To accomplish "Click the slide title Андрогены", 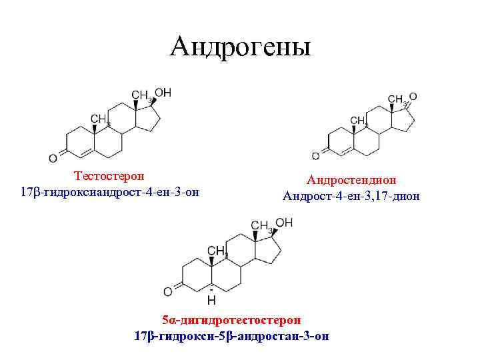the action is coord(240,46).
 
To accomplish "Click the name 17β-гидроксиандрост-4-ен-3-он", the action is coord(111,192).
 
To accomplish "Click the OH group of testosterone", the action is coord(163,92).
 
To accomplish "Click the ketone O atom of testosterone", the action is coord(53,158).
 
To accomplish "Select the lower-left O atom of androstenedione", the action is coord(315,156).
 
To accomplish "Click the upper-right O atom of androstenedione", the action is coord(413,97).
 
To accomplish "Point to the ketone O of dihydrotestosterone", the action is coord(168,291).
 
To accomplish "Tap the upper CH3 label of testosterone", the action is coord(141,95).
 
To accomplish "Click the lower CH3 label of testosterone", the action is coord(100,119).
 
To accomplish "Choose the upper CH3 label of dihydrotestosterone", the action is coord(260,225).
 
